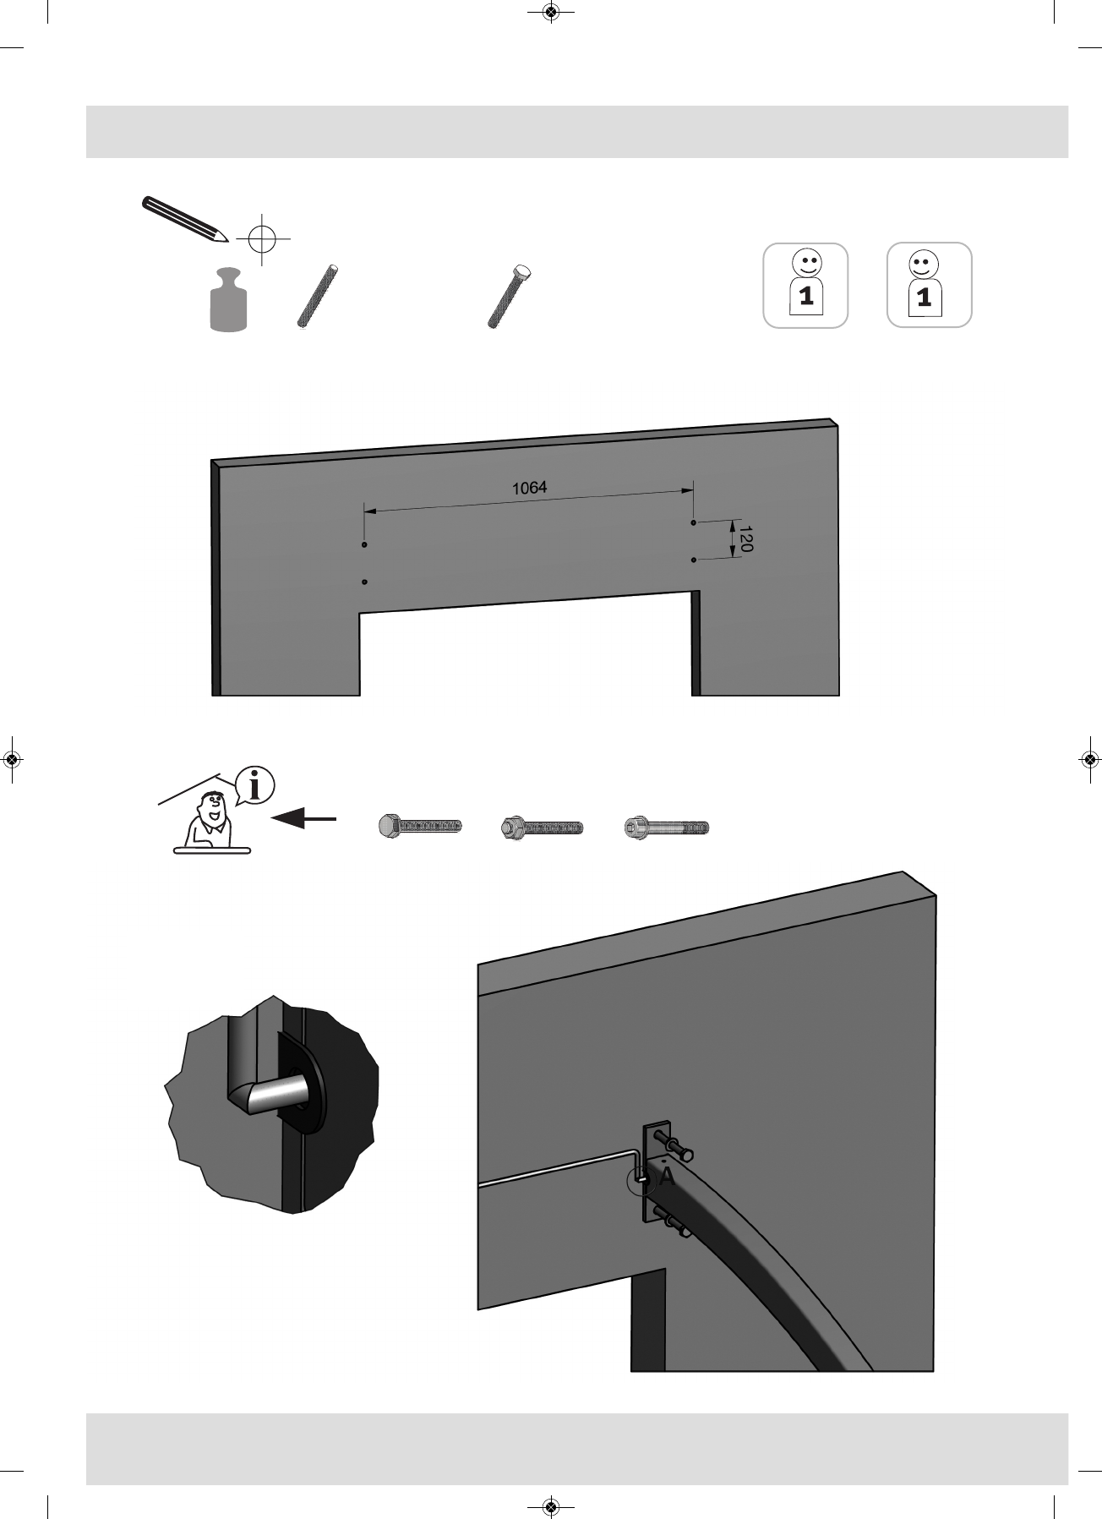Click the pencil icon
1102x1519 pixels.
click(x=184, y=218)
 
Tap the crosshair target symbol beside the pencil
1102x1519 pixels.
click(x=263, y=239)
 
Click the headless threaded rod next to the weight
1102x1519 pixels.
click(x=319, y=296)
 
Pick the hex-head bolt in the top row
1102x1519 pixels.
click(x=510, y=296)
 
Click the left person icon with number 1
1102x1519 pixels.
click(x=805, y=286)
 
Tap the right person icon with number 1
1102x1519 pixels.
click(x=929, y=286)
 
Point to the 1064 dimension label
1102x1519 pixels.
click(x=529, y=488)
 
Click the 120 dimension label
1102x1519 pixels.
click(x=745, y=539)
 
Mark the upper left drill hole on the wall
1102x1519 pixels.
click(x=364, y=545)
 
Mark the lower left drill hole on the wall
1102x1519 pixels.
click(x=364, y=582)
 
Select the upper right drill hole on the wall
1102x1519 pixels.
click(x=694, y=523)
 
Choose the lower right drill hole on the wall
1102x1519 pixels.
click(x=694, y=560)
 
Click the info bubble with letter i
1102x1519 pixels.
click(x=255, y=785)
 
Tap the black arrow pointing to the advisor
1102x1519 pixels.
click(x=303, y=818)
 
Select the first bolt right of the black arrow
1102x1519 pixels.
click(x=420, y=826)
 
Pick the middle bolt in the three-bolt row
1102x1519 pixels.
click(x=542, y=827)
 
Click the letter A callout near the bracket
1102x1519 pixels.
click(x=667, y=1177)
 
